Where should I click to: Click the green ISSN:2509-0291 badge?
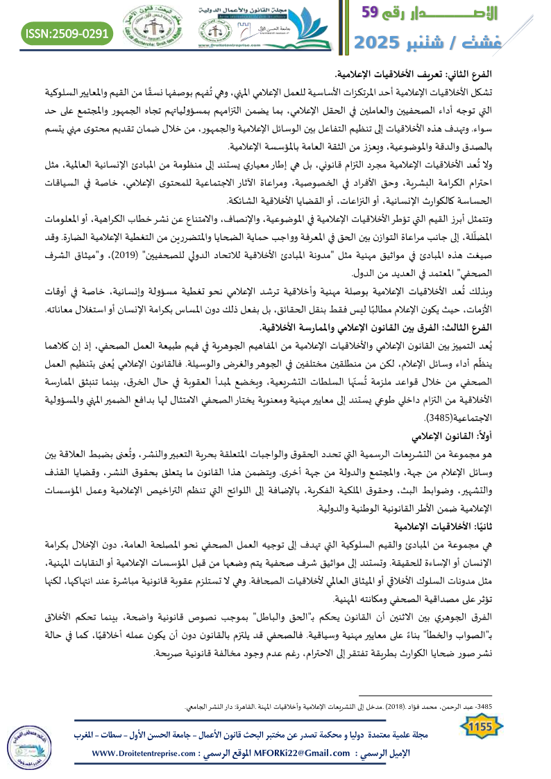[68, 33]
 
